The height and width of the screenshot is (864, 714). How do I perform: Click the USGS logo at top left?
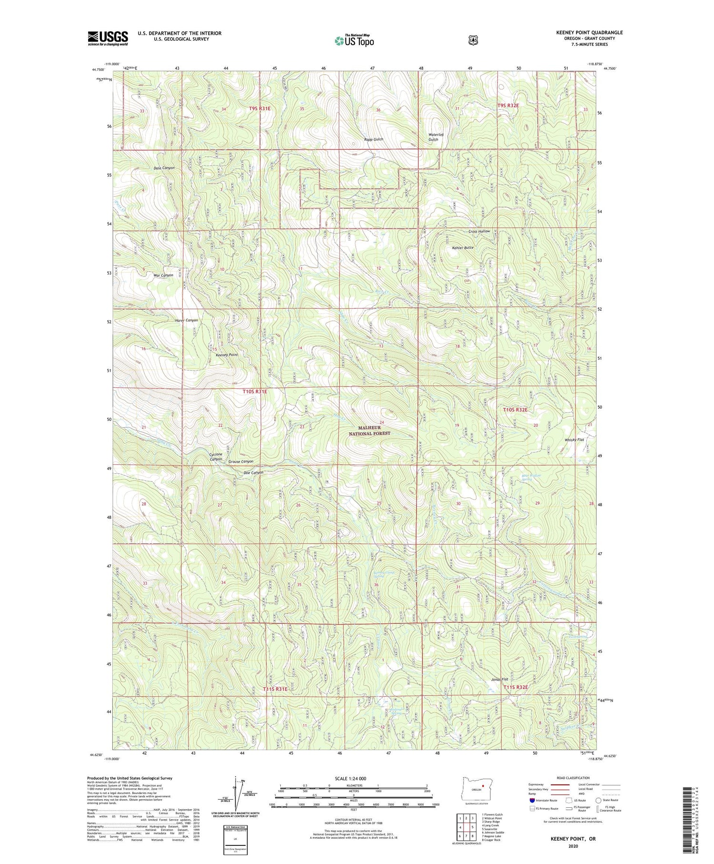(x=108, y=38)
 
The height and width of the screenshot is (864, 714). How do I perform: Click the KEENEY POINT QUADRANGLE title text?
(x=589, y=32)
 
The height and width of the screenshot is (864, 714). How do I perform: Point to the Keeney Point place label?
(x=227, y=355)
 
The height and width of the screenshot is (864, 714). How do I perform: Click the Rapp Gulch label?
(x=374, y=139)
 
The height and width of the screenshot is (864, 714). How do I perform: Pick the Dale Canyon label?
(x=164, y=168)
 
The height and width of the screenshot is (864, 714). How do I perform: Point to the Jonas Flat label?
(x=499, y=679)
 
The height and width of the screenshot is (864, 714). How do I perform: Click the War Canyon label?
(x=163, y=275)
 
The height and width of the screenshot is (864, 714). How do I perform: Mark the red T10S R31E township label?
(x=255, y=391)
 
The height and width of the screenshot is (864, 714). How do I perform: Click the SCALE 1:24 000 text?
(x=354, y=779)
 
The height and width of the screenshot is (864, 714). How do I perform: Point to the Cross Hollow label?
(x=479, y=231)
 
